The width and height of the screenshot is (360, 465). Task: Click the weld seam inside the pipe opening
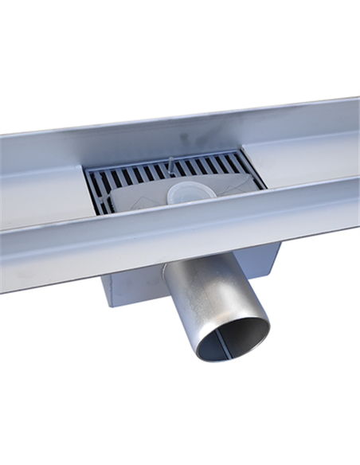224,342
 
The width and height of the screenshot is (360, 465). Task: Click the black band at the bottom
180,439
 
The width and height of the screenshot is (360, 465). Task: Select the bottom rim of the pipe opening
231,359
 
